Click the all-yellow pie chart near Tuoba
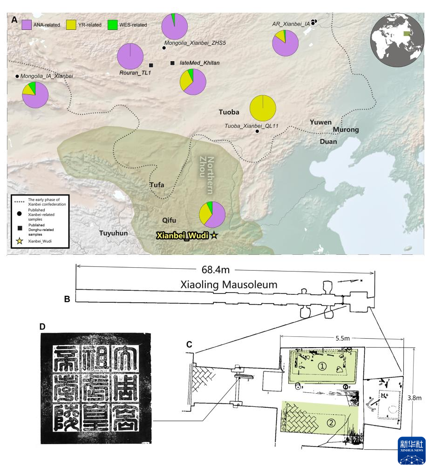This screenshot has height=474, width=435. click(x=263, y=108)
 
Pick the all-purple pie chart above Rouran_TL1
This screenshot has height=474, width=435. click(x=130, y=56)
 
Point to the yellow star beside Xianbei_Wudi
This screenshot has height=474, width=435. click(x=214, y=236)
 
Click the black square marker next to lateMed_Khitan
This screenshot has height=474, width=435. click(x=172, y=63)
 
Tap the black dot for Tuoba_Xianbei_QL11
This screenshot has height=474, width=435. click(x=258, y=132)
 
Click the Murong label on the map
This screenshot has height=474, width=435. click(x=346, y=129)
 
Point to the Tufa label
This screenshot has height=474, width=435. click(x=157, y=185)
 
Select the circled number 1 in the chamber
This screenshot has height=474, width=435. click(x=322, y=367)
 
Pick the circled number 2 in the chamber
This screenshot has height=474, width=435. click(x=332, y=423)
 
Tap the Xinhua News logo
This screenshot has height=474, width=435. click(x=411, y=450)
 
